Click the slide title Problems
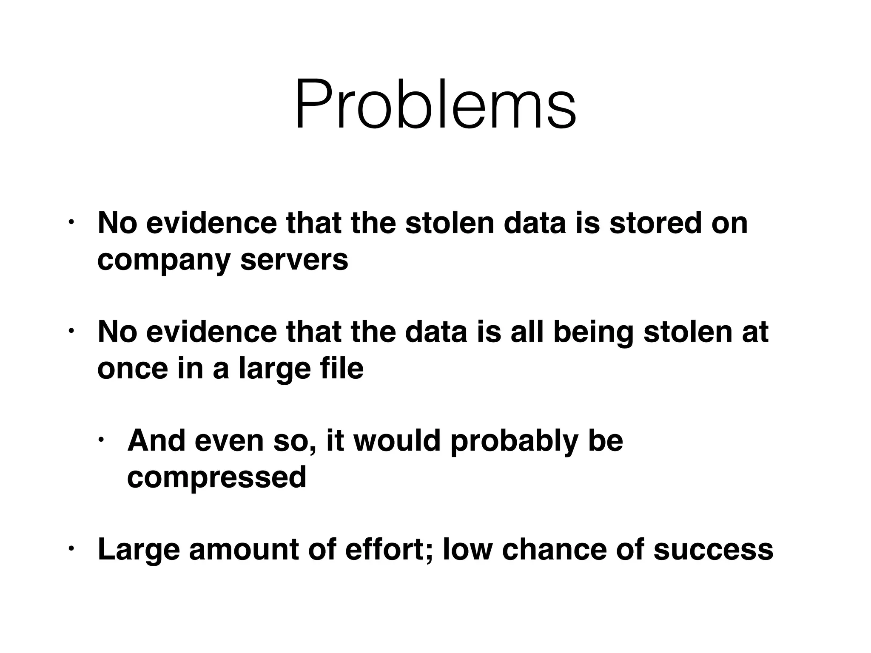[x=435, y=104]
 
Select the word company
[x=163, y=260]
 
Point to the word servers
[x=294, y=260]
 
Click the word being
[x=593, y=332]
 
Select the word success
[x=714, y=549]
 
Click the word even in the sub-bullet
[x=229, y=441]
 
